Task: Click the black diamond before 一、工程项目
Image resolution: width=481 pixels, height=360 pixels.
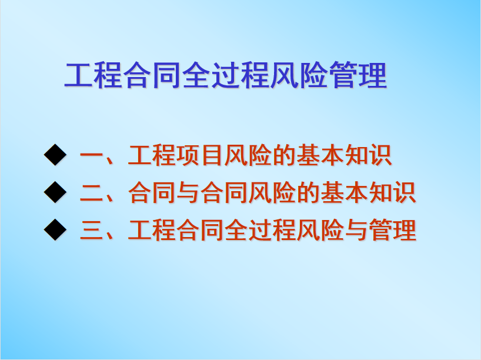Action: point(55,155)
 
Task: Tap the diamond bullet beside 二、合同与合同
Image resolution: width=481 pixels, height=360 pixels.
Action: point(55,192)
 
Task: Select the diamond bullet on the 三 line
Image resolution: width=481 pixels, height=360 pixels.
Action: point(55,229)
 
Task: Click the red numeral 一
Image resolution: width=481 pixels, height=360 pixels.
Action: point(91,156)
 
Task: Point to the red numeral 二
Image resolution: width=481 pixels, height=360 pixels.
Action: point(91,193)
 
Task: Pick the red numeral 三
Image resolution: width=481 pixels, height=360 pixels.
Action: point(91,230)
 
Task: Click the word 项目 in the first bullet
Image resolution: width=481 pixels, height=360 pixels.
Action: point(199,155)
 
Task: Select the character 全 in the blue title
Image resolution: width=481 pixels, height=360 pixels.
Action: point(196,75)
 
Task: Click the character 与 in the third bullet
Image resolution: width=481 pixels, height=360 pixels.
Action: point(356,229)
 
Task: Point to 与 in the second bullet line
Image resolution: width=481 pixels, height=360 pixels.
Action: point(188,192)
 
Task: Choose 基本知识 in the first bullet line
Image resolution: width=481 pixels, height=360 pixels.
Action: point(344,155)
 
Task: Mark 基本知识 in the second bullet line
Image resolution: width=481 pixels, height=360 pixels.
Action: point(368,192)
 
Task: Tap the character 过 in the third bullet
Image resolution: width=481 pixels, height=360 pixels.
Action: point(259,229)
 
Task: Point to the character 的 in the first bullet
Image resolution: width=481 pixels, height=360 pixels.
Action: point(284,155)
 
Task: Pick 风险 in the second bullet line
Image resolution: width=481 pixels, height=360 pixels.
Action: point(272,192)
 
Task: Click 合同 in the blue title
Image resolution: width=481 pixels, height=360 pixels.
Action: point(152,75)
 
